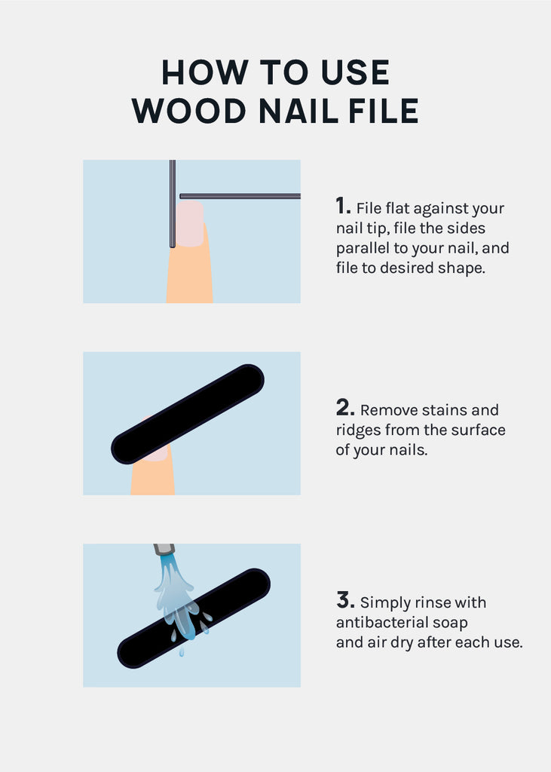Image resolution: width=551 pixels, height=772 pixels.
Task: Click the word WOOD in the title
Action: point(189,111)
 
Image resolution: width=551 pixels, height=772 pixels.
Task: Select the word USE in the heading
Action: point(355,72)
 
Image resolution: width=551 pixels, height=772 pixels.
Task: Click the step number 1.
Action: point(343,206)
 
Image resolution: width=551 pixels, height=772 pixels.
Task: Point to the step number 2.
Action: point(345,408)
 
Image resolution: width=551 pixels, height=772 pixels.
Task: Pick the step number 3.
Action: point(345,600)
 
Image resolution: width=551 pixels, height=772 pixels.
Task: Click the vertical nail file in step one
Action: point(173,204)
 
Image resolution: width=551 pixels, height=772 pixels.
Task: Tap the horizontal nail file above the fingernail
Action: point(240,196)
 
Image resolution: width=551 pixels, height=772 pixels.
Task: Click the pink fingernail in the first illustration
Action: point(190,223)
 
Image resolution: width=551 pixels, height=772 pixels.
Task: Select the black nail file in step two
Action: point(188,414)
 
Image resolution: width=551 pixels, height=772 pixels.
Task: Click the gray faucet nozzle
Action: point(164,549)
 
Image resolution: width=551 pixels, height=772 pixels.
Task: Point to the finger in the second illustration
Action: point(153,473)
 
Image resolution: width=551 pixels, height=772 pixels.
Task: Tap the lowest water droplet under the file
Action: point(182,652)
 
